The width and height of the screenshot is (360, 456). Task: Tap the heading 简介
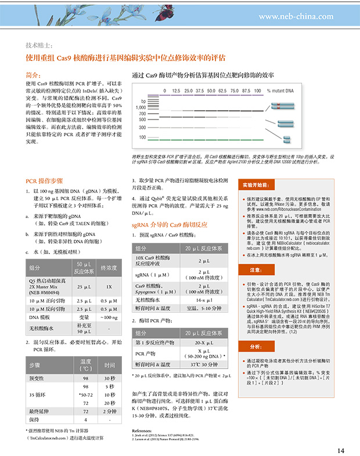click(x=34, y=75)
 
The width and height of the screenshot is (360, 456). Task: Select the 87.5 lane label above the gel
click(x=246, y=91)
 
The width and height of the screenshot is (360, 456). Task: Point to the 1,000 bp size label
click(x=140, y=107)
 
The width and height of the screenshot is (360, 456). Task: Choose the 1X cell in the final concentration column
click(x=109, y=287)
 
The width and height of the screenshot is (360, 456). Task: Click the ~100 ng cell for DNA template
click(x=109, y=318)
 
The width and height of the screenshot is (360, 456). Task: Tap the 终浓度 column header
click(x=109, y=268)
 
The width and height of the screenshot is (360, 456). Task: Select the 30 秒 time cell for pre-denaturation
click(x=110, y=378)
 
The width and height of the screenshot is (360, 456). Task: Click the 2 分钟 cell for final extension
click(x=110, y=410)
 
